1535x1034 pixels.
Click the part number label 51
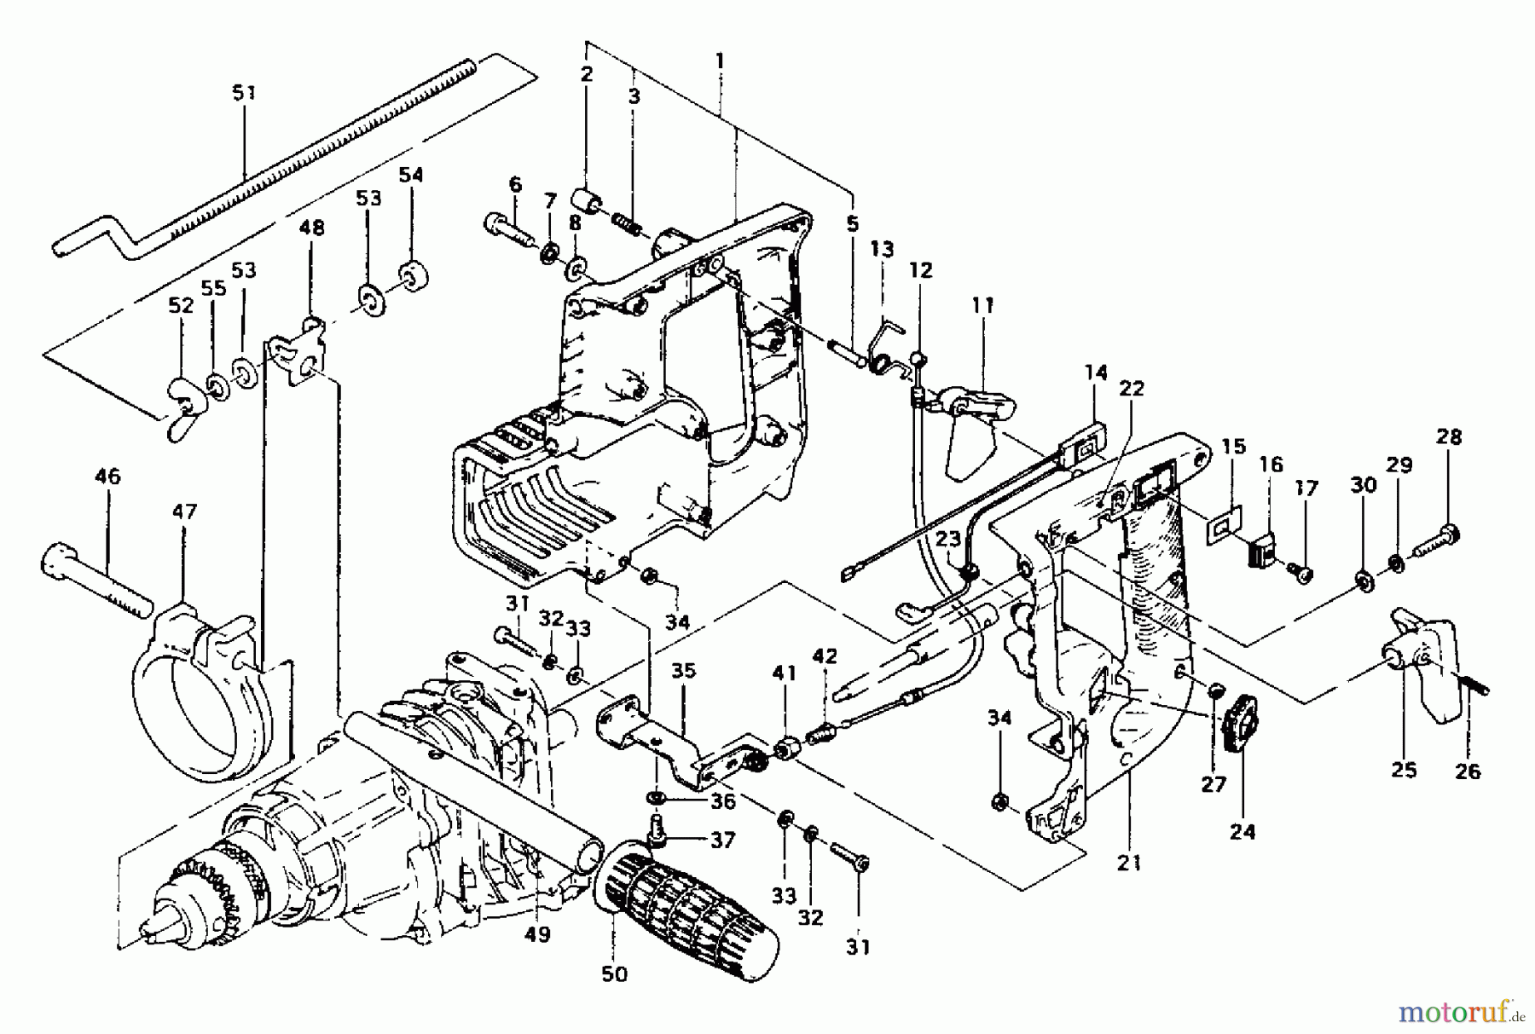(244, 92)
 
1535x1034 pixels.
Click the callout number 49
(537, 934)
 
